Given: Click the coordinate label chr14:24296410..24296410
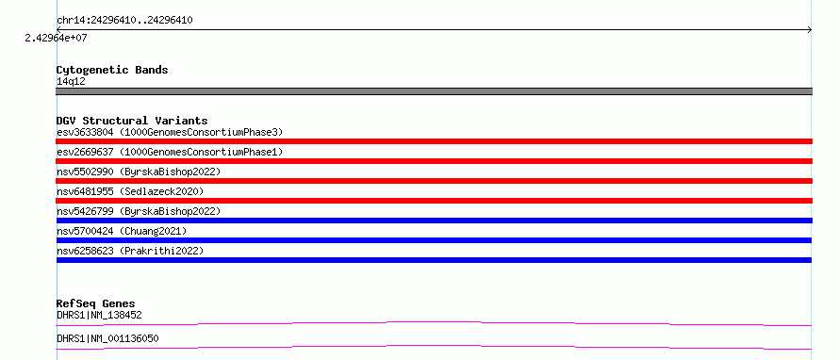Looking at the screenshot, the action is point(124,21).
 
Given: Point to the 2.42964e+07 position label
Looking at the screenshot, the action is point(56,38).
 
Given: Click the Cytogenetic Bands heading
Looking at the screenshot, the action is point(112,70).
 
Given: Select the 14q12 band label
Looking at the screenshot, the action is point(71,82).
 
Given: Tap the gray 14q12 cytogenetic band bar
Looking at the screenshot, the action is point(434,91).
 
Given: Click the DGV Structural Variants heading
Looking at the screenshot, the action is point(132,121).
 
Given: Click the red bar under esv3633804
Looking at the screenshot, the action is point(434,141).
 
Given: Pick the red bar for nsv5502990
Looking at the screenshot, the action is point(434,181).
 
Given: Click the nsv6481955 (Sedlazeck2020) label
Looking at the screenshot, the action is point(130,191).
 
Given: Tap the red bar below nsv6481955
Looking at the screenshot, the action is point(434,201).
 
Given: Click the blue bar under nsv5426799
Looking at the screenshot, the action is point(434,221).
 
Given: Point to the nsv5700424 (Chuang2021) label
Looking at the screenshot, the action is point(122,231).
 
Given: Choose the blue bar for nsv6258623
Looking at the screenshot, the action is point(434,260).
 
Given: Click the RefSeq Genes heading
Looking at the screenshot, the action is point(96,303).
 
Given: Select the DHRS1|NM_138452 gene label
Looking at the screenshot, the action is point(99,316).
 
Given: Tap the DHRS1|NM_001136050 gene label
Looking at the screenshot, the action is point(107,339).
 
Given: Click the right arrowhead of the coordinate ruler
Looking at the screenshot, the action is point(811,30).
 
